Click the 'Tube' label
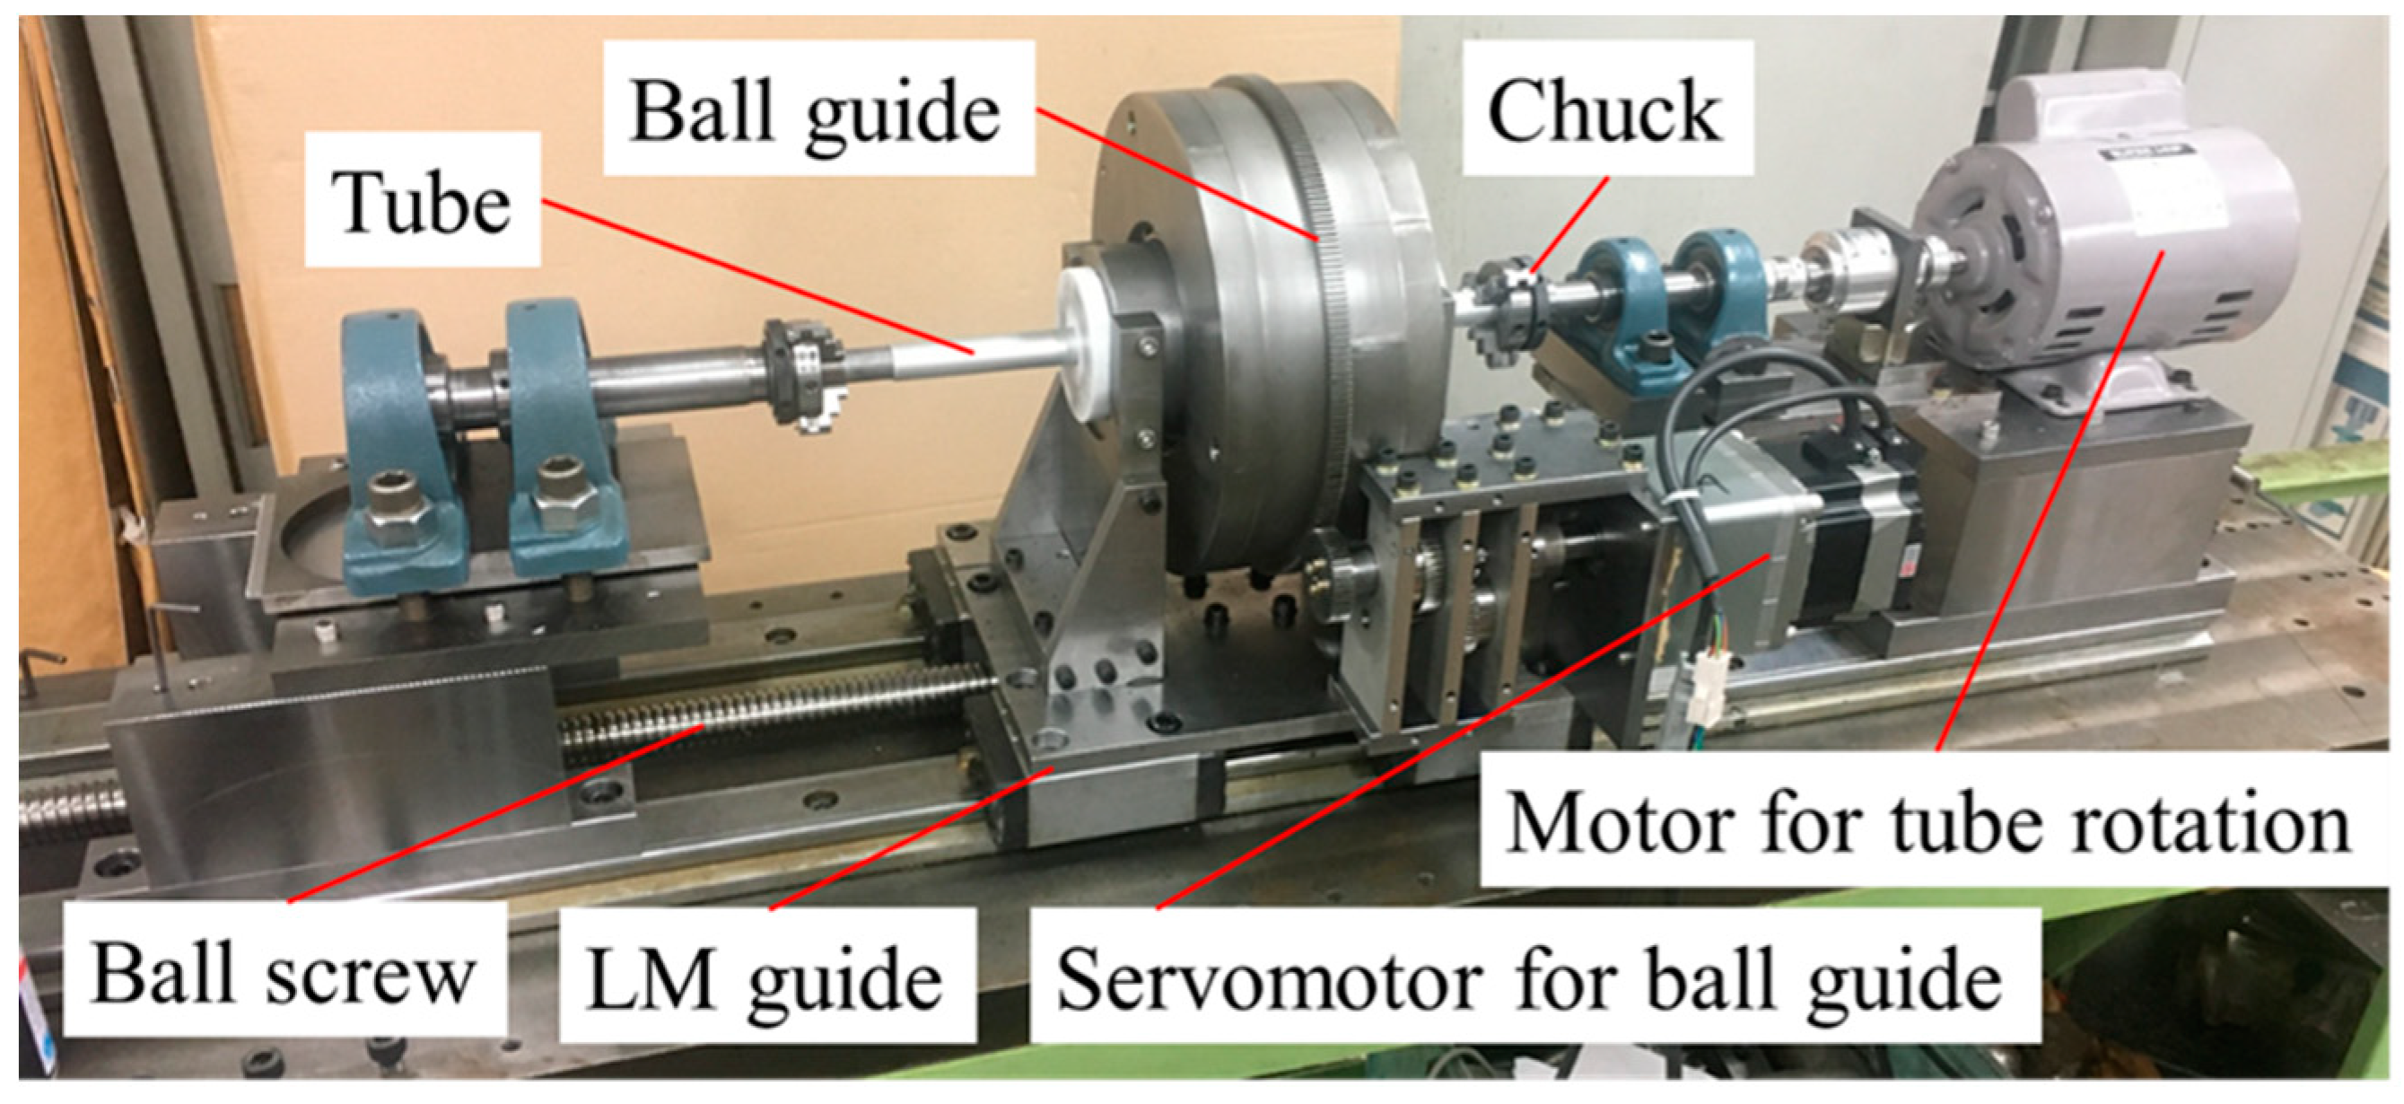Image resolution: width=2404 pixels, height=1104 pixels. click(423, 202)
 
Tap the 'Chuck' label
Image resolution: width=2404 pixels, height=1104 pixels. click(1604, 110)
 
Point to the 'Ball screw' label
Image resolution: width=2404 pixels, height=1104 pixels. click(283, 971)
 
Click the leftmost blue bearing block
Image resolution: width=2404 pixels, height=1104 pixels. click(397, 439)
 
